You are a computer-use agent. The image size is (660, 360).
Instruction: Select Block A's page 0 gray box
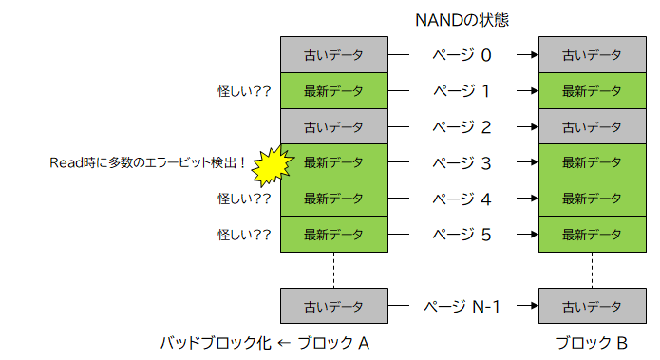pyautogui.click(x=334, y=55)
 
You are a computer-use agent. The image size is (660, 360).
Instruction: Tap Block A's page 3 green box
pyautogui.click(x=334, y=162)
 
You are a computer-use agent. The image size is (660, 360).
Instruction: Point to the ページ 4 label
pyautogui.click(x=462, y=199)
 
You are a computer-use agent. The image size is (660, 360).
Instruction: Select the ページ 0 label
pyautogui.click(x=462, y=55)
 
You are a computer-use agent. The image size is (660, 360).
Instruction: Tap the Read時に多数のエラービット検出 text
pyautogui.click(x=147, y=162)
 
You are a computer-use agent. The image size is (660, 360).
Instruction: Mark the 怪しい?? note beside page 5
pyautogui.click(x=244, y=234)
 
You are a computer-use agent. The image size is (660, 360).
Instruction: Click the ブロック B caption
pyautogui.click(x=592, y=343)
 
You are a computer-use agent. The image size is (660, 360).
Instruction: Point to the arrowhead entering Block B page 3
pyautogui.click(x=533, y=162)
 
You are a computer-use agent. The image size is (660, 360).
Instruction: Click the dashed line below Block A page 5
pyautogui.click(x=334, y=270)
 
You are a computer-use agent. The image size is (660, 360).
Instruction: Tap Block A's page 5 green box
pyautogui.click(x=334, y=234)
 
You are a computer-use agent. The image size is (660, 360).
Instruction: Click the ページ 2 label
pyautogui.click(x=462, y=126)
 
